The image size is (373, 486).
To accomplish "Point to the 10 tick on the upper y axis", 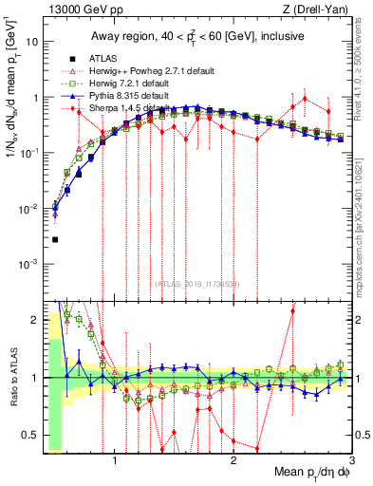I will pos(32,43).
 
